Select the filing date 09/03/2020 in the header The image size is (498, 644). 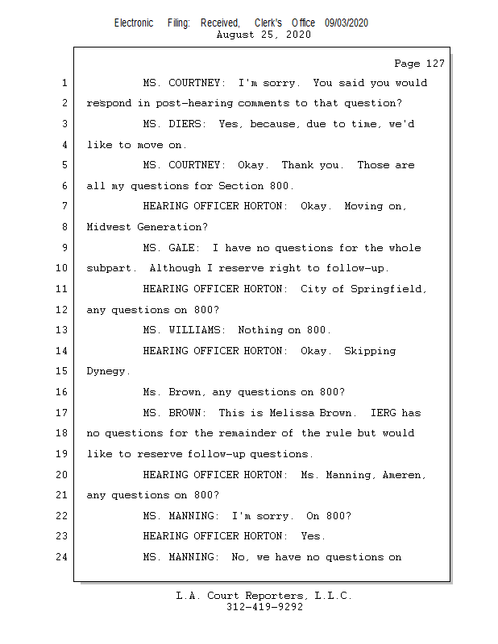click(x=347, y=23)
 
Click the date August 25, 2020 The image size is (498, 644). click(x=264, y=35)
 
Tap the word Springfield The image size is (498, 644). click(x=388, y=289)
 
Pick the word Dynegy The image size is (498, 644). click(x=108, y=372)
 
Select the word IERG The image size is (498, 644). click(x=383, y=413)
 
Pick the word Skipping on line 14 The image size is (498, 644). click(x=370, y=351)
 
